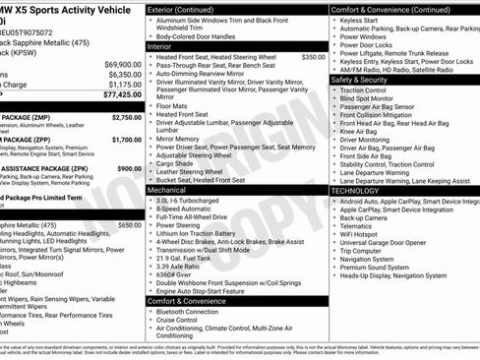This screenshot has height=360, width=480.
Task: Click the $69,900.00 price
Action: click(122, 64)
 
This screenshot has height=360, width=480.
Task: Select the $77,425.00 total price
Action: click(122, 96)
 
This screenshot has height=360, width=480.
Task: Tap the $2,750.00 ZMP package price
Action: click(125, 117)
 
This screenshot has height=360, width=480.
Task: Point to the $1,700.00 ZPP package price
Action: click(125, 140)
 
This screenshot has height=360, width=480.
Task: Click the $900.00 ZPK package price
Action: click(128, 168)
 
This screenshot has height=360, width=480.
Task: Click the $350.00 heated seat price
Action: click(313, 57)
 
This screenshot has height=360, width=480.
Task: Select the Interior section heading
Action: click(159, 46)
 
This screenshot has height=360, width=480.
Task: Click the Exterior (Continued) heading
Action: click(190, 9)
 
